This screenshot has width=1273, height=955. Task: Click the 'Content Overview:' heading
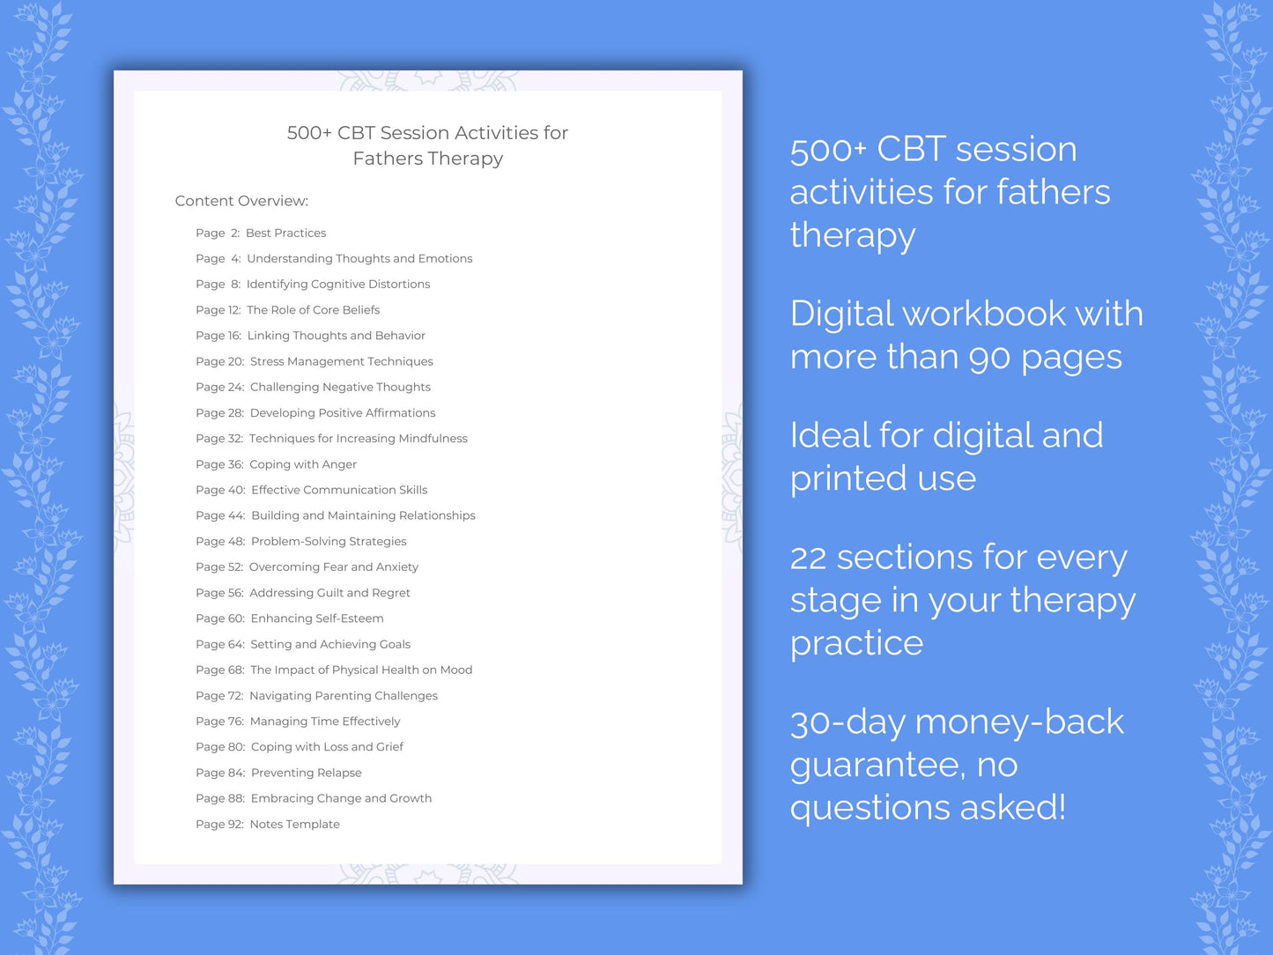[241, 201]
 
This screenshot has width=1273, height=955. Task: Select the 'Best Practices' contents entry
[285, 233]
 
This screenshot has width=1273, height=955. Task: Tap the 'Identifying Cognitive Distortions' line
[338, 285]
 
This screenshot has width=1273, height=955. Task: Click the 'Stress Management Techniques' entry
[341, 361]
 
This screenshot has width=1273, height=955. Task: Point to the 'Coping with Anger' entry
[302, 464]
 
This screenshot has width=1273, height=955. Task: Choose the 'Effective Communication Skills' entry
[339, 490]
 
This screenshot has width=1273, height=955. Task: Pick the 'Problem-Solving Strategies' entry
[329, 542]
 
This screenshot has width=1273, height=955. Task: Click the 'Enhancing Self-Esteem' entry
[317, 618]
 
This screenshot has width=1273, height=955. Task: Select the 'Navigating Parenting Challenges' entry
[343, 696]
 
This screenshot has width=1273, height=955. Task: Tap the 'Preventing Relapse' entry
[306, 773]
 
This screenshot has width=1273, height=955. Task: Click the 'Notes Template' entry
[294, 825]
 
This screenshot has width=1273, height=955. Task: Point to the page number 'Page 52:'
[219, 567]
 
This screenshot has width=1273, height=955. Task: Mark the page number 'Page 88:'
[220, 799]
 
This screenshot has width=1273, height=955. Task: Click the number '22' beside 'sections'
[808, 559]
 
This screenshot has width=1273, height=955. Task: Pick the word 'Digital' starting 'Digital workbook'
[840, 315]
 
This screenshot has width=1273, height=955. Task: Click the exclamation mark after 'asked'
[1061, 807]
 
